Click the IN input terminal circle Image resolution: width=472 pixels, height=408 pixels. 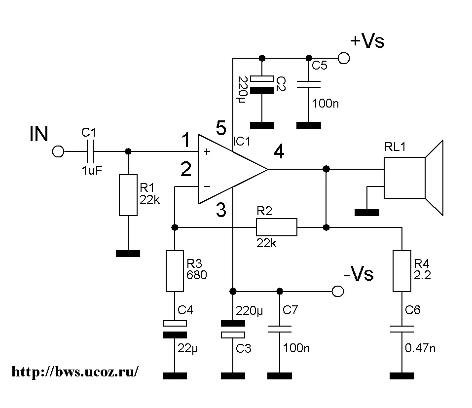click(x=58, y=151)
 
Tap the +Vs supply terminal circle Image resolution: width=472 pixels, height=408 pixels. click(x=343, y=58)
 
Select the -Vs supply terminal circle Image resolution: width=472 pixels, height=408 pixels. click(x=337, y=291)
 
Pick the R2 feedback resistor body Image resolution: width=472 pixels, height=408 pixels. click(x=276, y=227)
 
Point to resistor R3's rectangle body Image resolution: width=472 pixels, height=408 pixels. click(x=174, y=271)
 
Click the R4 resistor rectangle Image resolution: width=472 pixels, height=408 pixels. click(x=402, y=271)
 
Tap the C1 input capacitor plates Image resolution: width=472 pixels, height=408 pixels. click(x=90, y=151)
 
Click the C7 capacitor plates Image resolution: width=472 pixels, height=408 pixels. click(x=280, y=329)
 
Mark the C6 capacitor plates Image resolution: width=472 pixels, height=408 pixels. click(x=402, y=329)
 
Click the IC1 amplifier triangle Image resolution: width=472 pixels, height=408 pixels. click(x=229, y=169)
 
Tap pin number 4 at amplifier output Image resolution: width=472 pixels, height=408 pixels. click(x=279, y=153)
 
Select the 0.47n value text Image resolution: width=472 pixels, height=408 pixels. click(x=420, y=348)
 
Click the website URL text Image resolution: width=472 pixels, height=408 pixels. click(x=74, y=371)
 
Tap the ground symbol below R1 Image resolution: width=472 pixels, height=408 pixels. click(x=128, y=254)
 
